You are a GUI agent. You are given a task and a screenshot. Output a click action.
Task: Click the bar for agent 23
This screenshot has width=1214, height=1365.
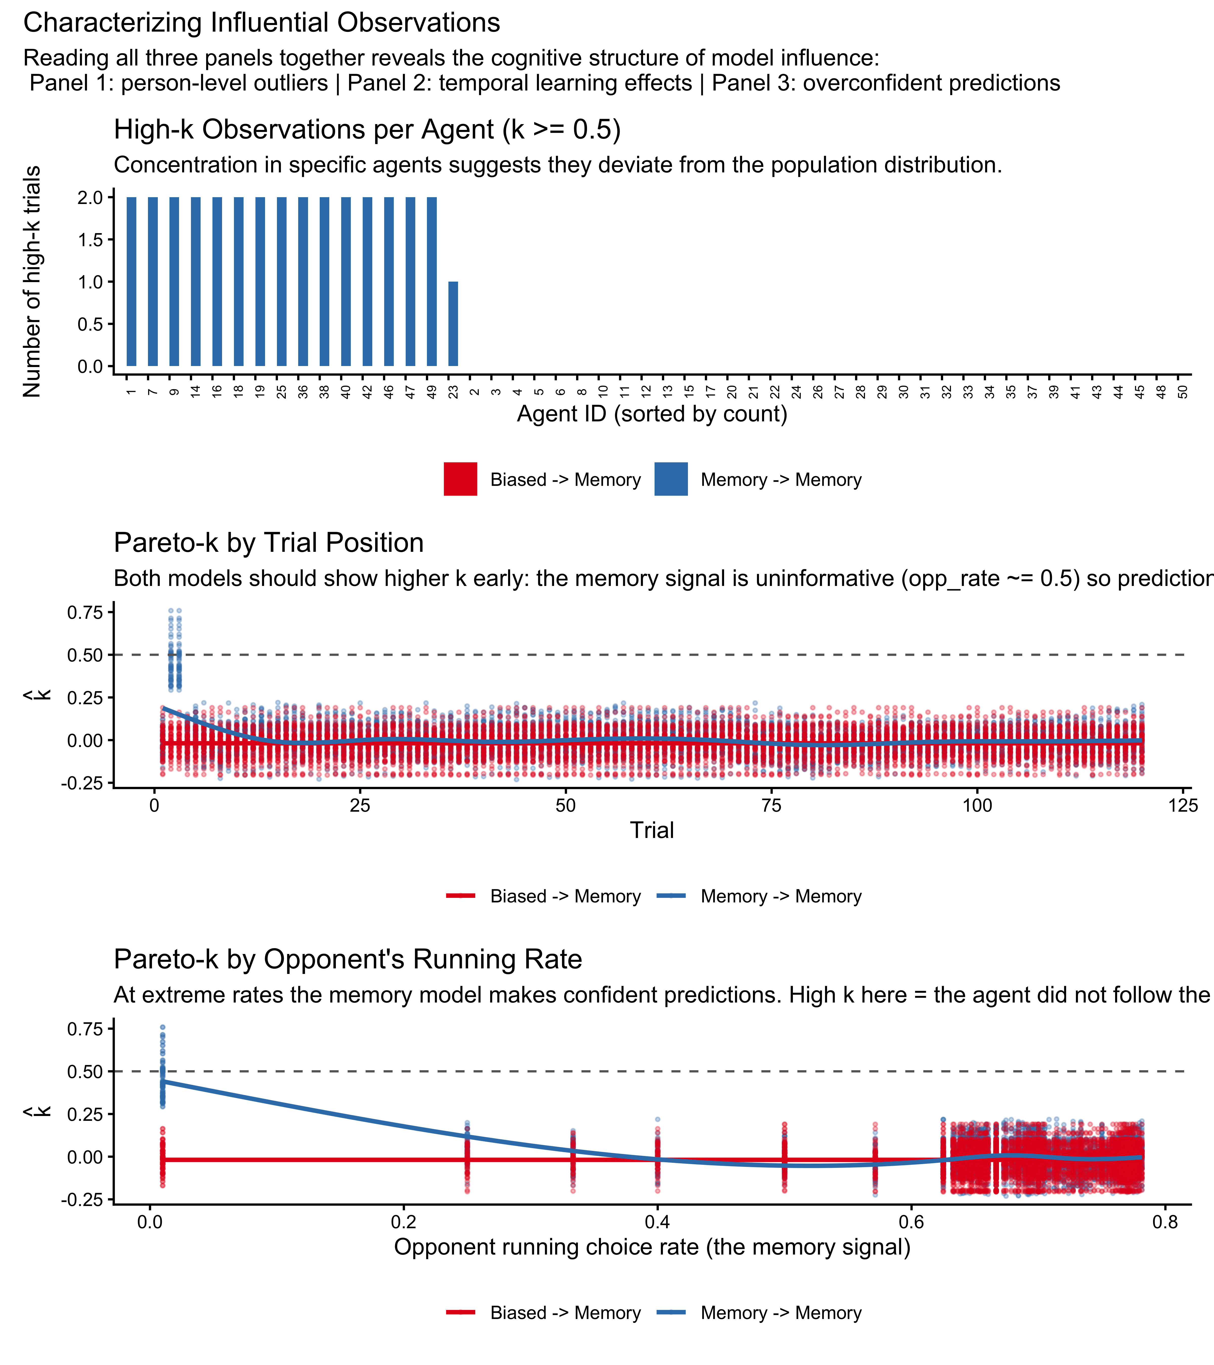tap(453, 324)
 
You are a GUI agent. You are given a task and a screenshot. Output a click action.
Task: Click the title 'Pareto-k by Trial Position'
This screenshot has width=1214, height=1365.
tap(269, 543)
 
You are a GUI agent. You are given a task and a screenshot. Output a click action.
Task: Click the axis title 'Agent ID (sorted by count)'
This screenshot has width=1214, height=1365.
tap(652, 414)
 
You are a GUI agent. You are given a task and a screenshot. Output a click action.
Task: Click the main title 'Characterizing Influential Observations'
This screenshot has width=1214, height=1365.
tap(261, 23)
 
